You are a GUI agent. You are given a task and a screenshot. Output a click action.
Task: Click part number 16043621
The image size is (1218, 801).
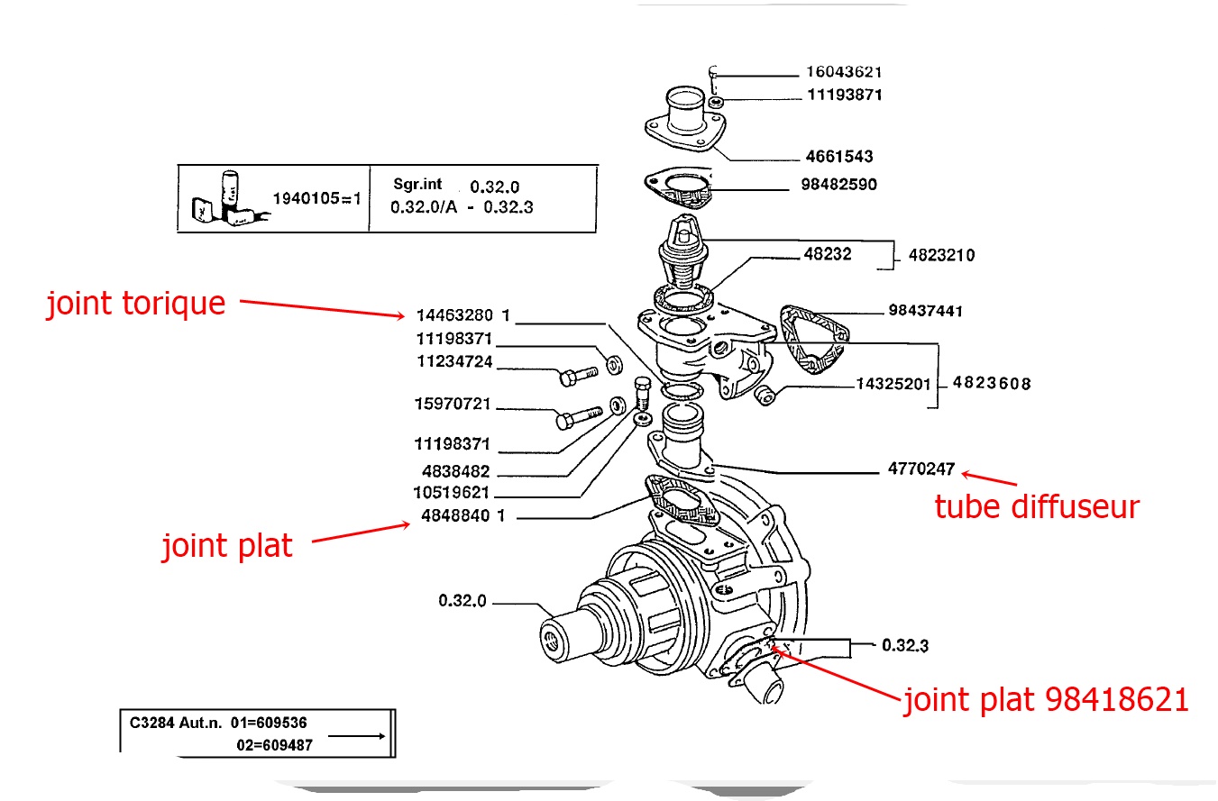843,72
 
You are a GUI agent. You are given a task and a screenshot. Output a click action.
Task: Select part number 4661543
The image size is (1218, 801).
838,157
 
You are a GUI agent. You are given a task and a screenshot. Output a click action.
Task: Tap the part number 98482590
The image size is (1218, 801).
838,185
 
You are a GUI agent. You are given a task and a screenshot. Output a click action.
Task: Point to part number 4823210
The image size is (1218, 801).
941,255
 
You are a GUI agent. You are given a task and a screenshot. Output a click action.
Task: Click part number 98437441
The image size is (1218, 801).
925,311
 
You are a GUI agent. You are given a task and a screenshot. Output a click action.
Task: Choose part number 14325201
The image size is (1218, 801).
893,385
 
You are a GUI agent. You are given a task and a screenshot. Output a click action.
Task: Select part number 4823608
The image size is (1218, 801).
992,384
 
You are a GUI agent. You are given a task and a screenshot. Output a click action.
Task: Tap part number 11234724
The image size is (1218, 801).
454,361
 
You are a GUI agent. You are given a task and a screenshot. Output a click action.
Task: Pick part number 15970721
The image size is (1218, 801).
453,404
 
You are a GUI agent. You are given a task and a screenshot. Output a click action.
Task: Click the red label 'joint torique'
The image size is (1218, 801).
136,304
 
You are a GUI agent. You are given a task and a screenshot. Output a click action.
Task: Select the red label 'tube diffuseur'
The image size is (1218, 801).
1037,506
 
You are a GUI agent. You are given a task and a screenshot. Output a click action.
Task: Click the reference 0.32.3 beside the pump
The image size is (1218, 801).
905,645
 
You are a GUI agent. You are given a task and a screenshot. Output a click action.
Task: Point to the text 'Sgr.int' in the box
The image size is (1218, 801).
417,184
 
